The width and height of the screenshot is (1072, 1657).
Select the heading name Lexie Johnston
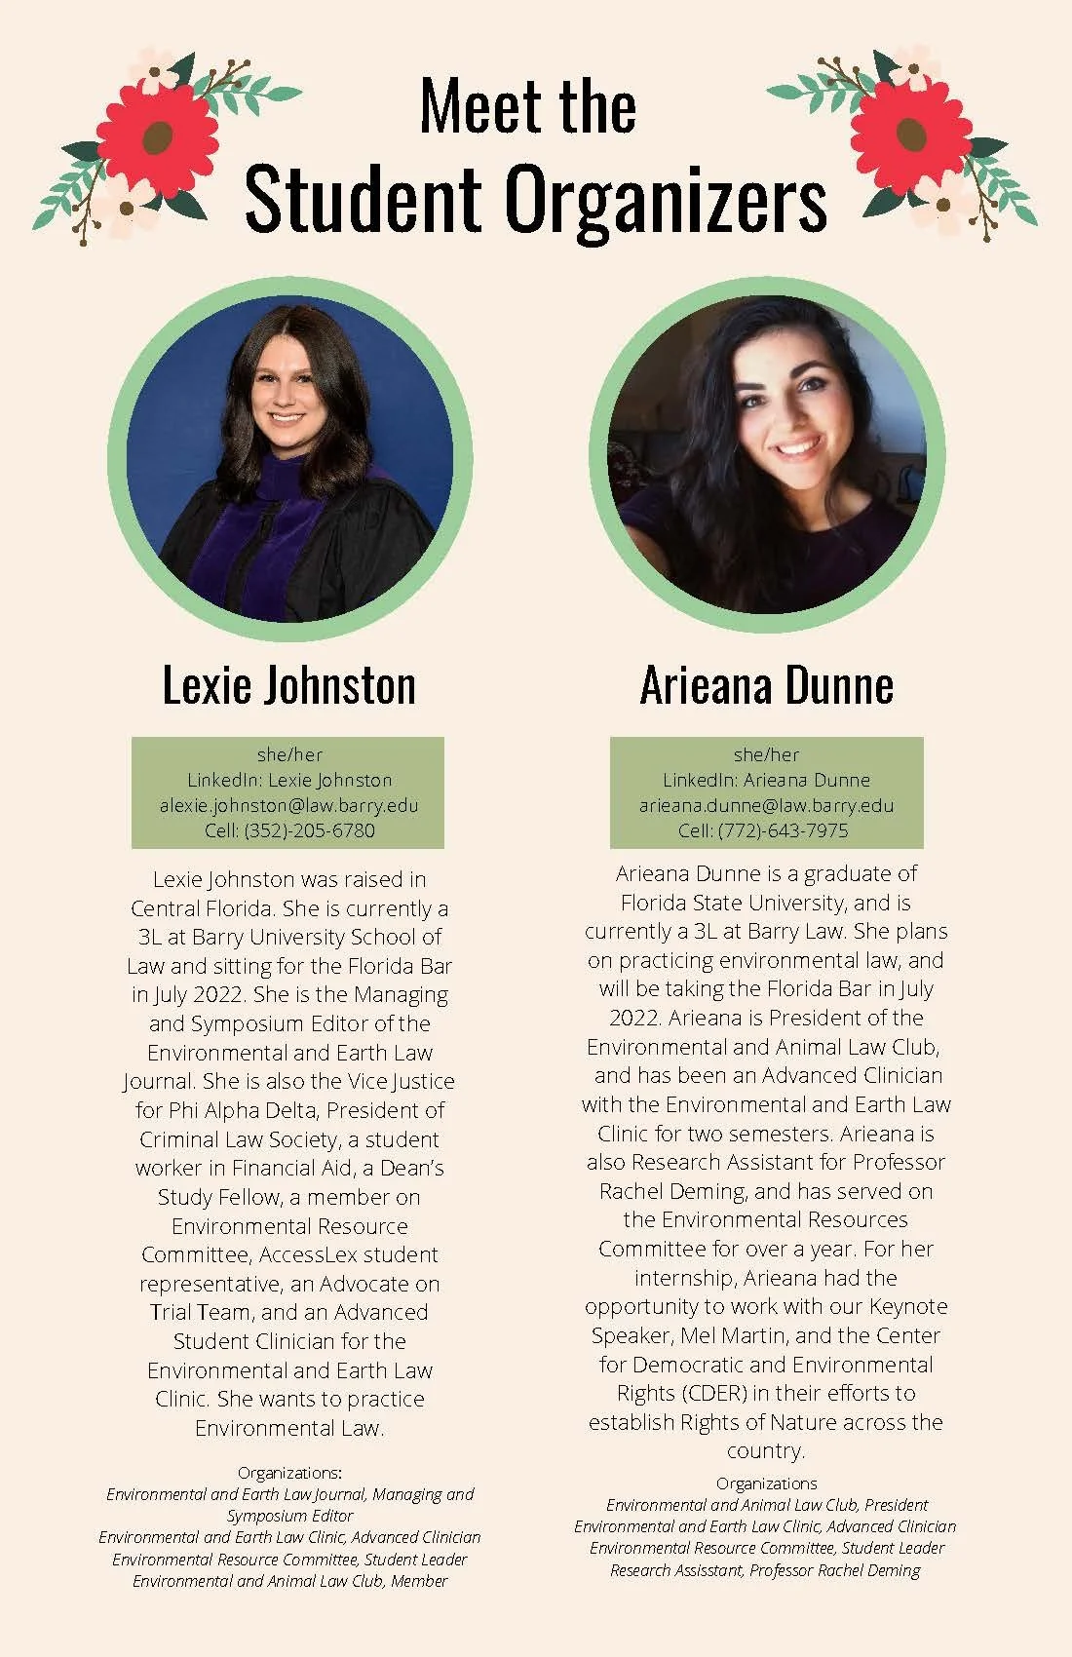point(288,685)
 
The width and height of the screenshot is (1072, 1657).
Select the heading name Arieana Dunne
point(767,685)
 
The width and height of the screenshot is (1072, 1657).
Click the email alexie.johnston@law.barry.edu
point(288,805)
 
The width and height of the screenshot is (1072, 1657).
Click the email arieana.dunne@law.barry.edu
point(766,805)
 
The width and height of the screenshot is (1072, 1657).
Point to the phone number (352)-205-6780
point(309,830)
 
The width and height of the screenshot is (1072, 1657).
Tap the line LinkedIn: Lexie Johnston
point(288,780)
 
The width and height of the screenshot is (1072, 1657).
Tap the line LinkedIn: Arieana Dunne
point(766,780)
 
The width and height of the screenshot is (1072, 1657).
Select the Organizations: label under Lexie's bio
point(288,1472)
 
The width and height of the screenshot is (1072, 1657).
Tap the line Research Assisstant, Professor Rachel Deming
point(765,1570)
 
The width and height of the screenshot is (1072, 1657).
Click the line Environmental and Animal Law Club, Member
point(289,1581)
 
